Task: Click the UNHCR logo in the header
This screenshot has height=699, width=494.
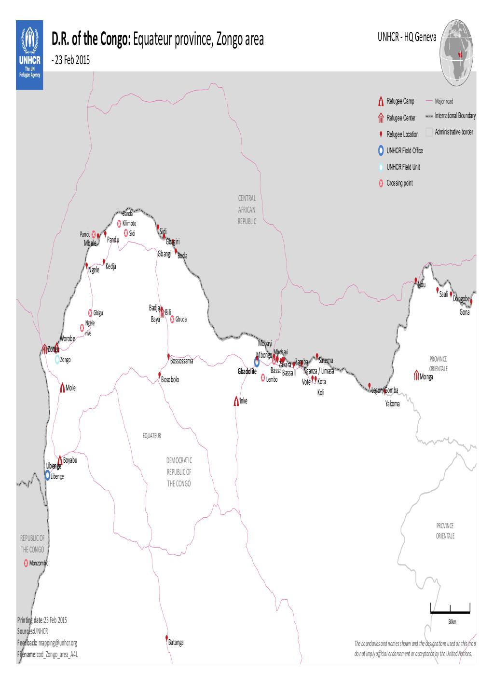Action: [29, 54]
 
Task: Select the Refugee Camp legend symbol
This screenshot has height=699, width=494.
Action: [381, 101]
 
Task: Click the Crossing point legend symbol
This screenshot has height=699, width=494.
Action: [381, 183]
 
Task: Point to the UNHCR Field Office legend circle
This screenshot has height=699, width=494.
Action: [381, 150]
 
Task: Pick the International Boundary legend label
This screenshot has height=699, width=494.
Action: [455, 116]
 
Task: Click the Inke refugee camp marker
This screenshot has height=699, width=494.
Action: [236, 401]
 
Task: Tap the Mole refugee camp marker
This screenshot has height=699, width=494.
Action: [62, 388]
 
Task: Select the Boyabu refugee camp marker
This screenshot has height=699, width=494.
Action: [60, 460]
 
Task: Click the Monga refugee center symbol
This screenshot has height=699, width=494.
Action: [416, 375]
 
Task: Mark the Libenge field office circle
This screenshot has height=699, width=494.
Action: [47, 475]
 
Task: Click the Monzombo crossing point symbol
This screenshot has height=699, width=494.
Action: [26, 563]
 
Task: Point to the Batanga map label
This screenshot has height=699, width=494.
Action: [176, 643]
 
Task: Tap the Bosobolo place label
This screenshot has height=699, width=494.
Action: [170, 380]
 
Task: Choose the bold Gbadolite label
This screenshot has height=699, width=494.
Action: [247, 372]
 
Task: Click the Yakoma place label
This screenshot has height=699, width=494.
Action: [392, 404]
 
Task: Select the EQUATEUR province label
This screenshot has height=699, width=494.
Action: [151, 435]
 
